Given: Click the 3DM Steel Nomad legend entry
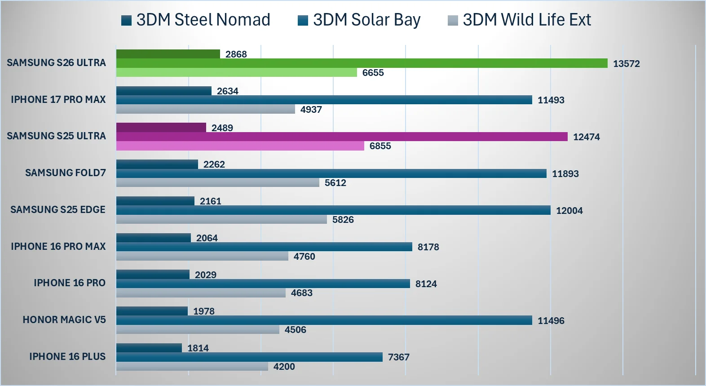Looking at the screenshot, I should coord(196,20).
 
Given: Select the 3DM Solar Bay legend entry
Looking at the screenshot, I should coord(359,20).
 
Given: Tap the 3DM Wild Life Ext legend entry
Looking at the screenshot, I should coord(520,20).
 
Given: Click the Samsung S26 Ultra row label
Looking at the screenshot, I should coord(56,63).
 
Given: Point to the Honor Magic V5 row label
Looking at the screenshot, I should coord(64,320).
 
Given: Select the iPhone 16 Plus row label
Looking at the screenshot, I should coord(67,357).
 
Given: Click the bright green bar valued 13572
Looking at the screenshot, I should coord(362,63).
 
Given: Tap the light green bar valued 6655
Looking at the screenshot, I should coord(236,72).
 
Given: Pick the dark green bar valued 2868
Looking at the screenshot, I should coord(168,54).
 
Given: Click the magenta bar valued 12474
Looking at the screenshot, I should coord(342,137).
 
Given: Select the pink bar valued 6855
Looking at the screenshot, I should coord(240,146).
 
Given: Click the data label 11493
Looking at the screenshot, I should coord(551,100).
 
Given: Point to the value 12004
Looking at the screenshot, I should coord(569,211).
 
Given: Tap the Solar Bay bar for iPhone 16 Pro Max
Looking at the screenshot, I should coord(264,247).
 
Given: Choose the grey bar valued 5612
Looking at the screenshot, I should coord(217,182).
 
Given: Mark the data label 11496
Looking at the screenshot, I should coord(551,321).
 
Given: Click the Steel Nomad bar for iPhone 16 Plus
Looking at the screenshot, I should coord(149,348).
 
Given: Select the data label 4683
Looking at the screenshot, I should coord(302,293).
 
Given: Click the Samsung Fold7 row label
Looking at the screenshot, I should coord(66,173).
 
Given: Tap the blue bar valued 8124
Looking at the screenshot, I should coord(263,284).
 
